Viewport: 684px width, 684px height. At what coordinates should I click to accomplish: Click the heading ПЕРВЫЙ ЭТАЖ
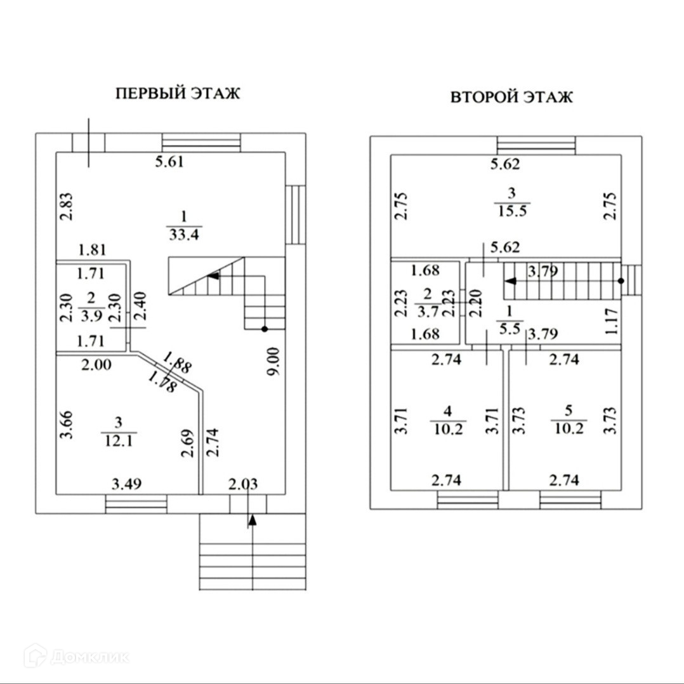178,95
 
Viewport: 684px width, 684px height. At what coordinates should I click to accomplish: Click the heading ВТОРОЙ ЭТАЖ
511,98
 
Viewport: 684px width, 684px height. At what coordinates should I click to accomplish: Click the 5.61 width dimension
169,162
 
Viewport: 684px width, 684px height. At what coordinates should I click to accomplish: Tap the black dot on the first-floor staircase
264,329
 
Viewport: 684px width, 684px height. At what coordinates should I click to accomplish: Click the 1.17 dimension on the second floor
612,321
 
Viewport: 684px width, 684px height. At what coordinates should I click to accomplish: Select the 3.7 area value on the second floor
424,311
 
